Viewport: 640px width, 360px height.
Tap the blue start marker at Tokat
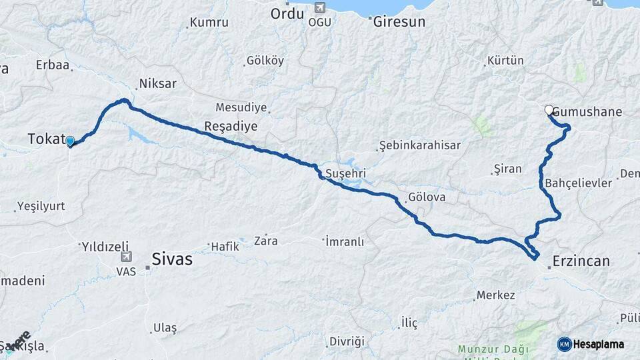point(70,141)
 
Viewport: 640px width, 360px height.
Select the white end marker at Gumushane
point(549,110)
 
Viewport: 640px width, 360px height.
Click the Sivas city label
point(172,259)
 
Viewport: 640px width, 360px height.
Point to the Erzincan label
point(581,261)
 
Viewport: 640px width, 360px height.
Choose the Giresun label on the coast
point(399,21)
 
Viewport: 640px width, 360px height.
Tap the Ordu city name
point(287,13)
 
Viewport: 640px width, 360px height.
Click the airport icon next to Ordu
point(319,8)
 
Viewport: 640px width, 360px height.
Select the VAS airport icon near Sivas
point(126,257)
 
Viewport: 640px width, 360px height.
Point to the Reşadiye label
point(231,126)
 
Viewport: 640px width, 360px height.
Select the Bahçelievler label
point(578,183)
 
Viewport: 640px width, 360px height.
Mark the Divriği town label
point(347,341)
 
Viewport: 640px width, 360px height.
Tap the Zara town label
point(265,241)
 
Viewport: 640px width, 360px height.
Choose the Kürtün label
point(505,61)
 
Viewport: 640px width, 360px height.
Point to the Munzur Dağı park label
point(493,349)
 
